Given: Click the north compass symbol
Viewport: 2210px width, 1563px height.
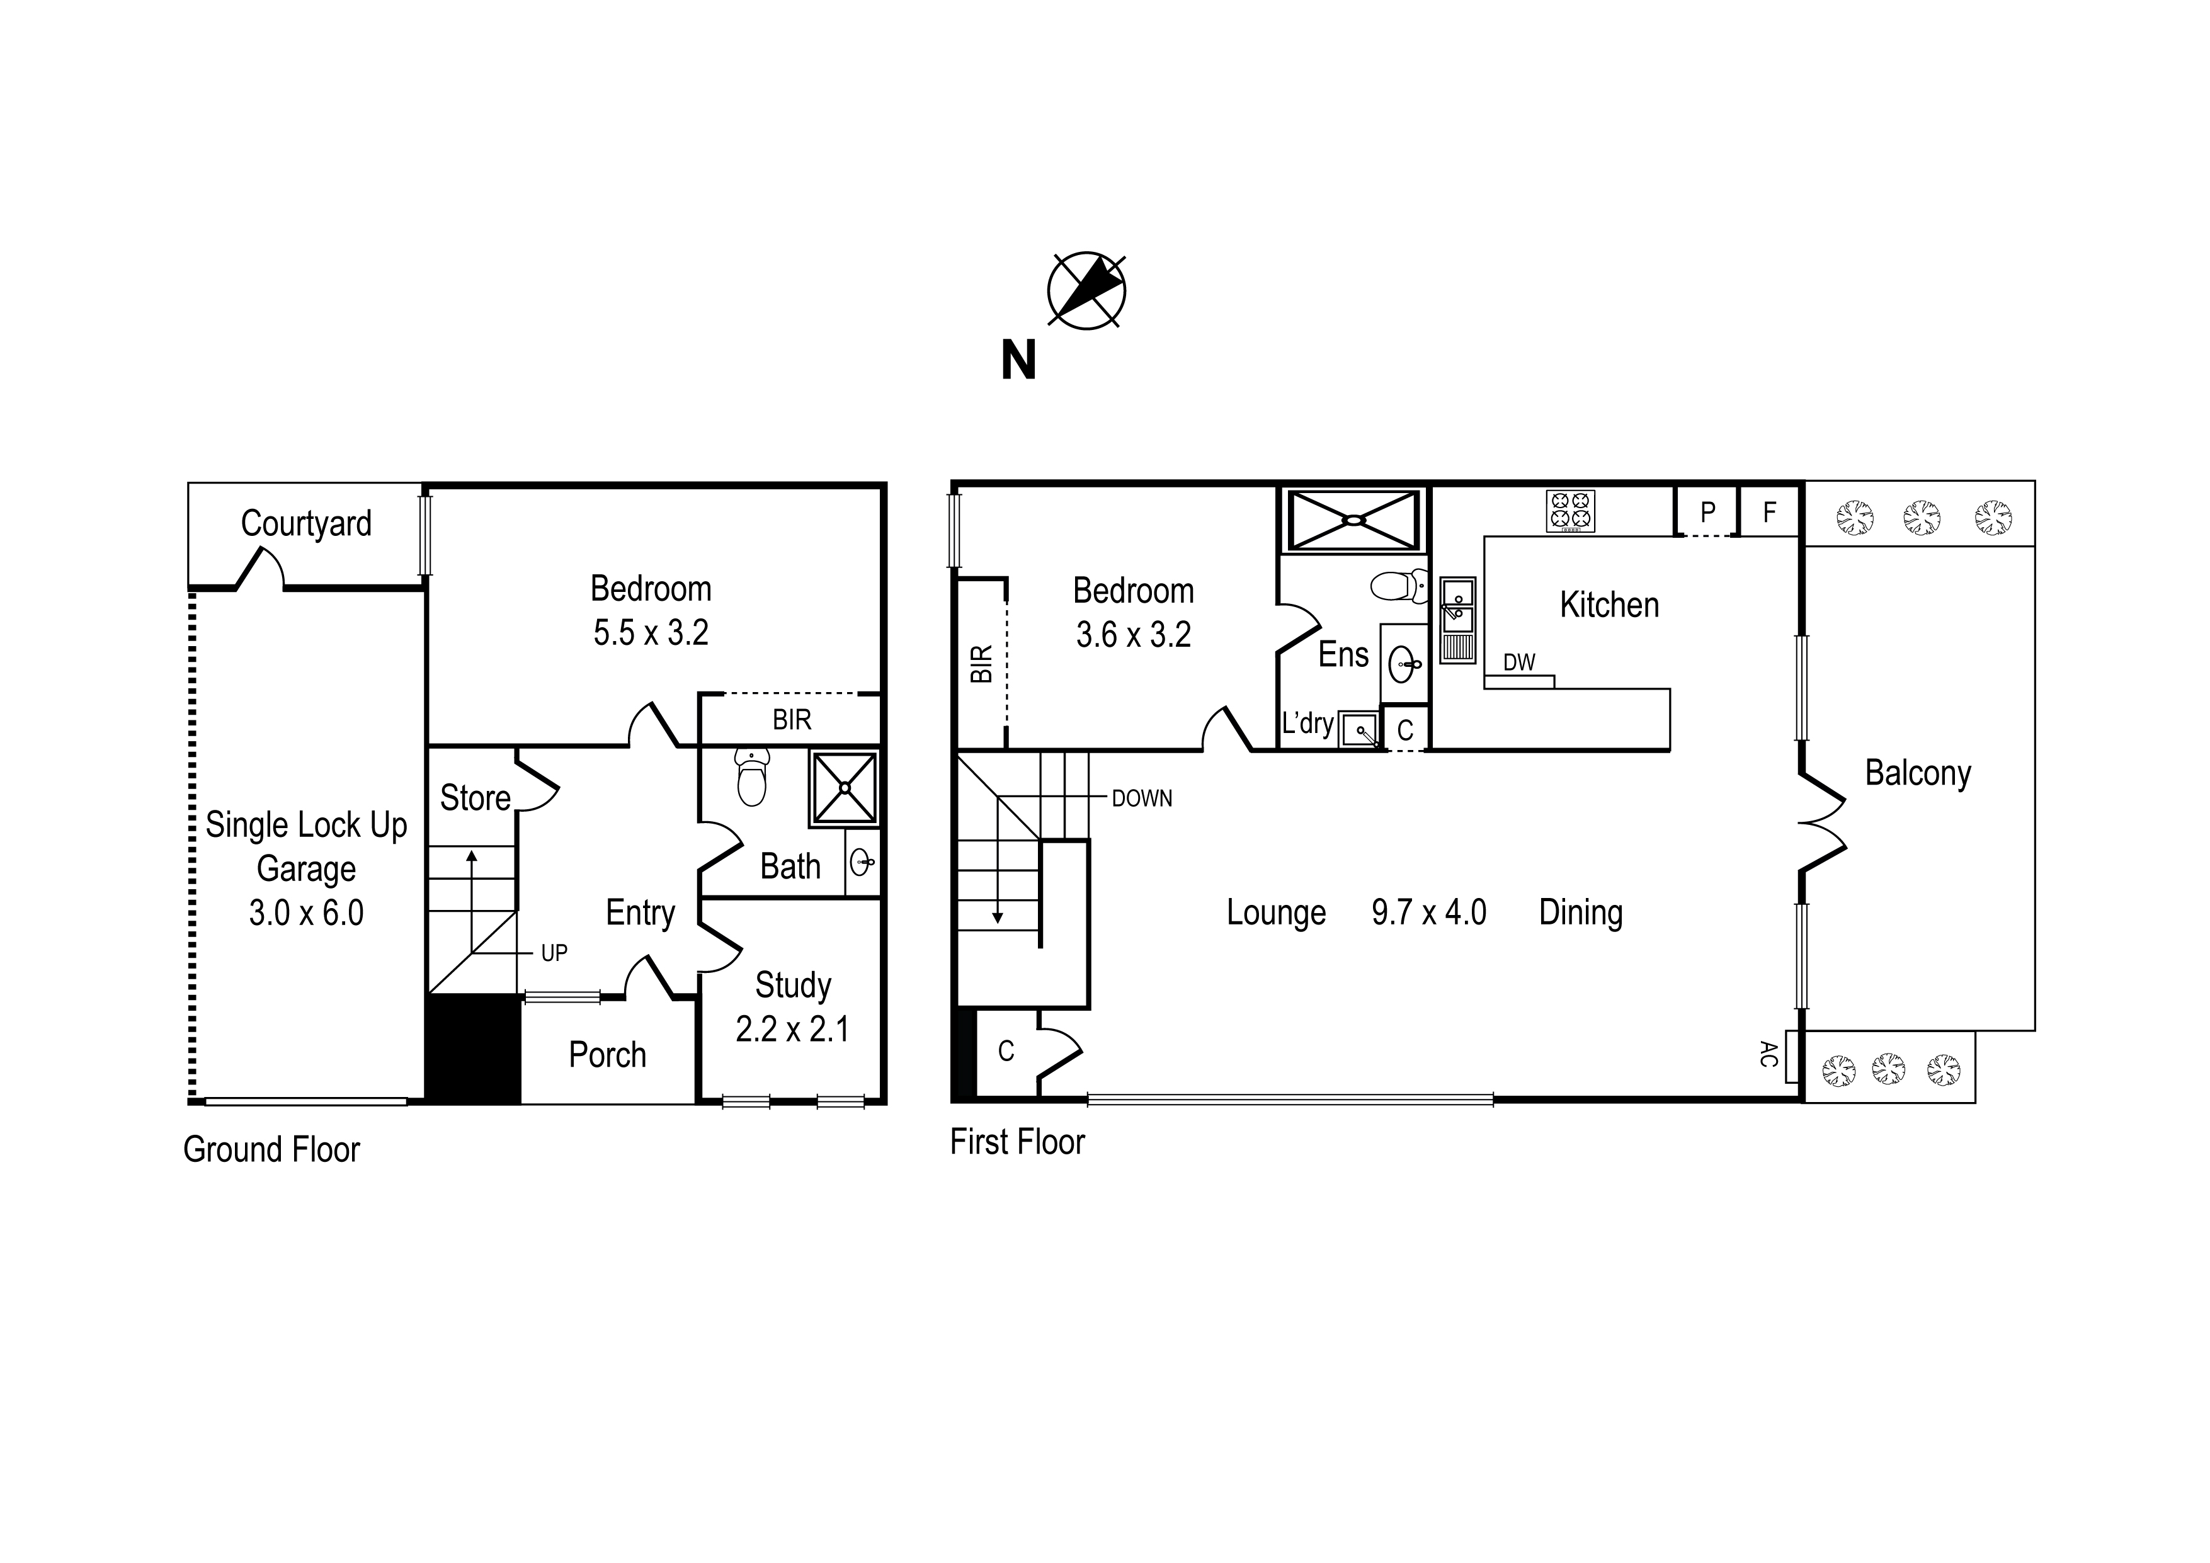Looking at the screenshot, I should pyautogui.click(x=1086, y=291).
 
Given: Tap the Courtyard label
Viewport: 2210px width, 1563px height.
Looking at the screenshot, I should pyautogui.click(x=306, y=523).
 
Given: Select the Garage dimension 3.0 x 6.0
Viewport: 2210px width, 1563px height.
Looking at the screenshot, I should pyautogui.click(x=306, y=912).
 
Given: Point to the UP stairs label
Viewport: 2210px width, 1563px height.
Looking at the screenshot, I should pyautogui.click(x=554, y=953).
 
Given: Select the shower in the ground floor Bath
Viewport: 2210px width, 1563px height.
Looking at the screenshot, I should pyautogui.click(x=844, y=788).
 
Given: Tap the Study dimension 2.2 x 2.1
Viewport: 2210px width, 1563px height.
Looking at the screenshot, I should pyautogui.click(x=792, y=1029).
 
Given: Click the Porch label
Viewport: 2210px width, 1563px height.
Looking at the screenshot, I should pyautogui.click(x=607, y=1055).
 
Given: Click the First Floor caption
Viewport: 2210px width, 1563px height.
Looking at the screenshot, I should pyautogui.click(x=1017, y=1142).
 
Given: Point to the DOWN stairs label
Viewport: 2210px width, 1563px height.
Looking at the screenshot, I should pyautogui.click(x=1142, y=798).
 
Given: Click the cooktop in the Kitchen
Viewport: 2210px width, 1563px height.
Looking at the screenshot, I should pyautogui.click(x=1570, y=511).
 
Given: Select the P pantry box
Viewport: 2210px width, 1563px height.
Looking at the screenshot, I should pyautogui.click(x=1707, y=512).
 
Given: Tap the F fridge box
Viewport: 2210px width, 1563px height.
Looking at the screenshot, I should pyautogui.click(x=1769, y=512).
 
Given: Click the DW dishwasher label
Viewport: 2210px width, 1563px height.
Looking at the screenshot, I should pyautogui.click(x=1519, y=662).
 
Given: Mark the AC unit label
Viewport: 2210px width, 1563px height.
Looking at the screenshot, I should pyautogui.click(x=1767, y=1054).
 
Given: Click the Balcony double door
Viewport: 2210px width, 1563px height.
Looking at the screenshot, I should pyautogui.click(x=1822, y=823).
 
